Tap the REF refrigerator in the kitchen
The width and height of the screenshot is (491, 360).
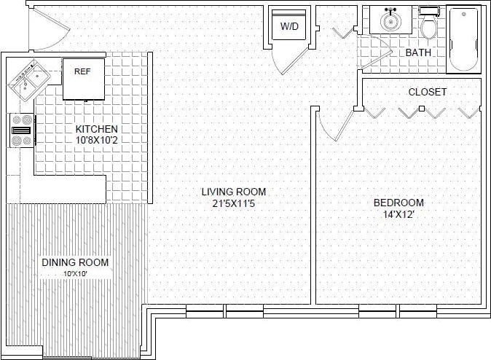tap(82, 78)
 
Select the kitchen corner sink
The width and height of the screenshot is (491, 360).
tap(28, 79)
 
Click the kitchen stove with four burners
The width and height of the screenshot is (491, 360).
tap(22, 130)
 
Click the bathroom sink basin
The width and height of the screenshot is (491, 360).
tap(392, 21)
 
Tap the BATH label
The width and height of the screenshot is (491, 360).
tap(417, 53)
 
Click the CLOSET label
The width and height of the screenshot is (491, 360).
tap(427, 92)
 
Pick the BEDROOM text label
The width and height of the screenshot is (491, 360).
tap(398, 203)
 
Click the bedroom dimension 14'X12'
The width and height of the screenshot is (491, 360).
tap(398, 215)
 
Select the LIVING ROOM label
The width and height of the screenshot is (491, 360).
tap(234, 192)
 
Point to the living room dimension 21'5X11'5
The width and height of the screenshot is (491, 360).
tap(234, 204)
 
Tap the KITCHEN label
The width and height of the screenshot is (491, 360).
tap(96, 129)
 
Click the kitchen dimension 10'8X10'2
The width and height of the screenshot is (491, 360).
tap(96, 141)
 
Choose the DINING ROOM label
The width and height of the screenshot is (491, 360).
tap(75, 262)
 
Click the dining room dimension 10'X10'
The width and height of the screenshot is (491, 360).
tap(76, 274)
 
